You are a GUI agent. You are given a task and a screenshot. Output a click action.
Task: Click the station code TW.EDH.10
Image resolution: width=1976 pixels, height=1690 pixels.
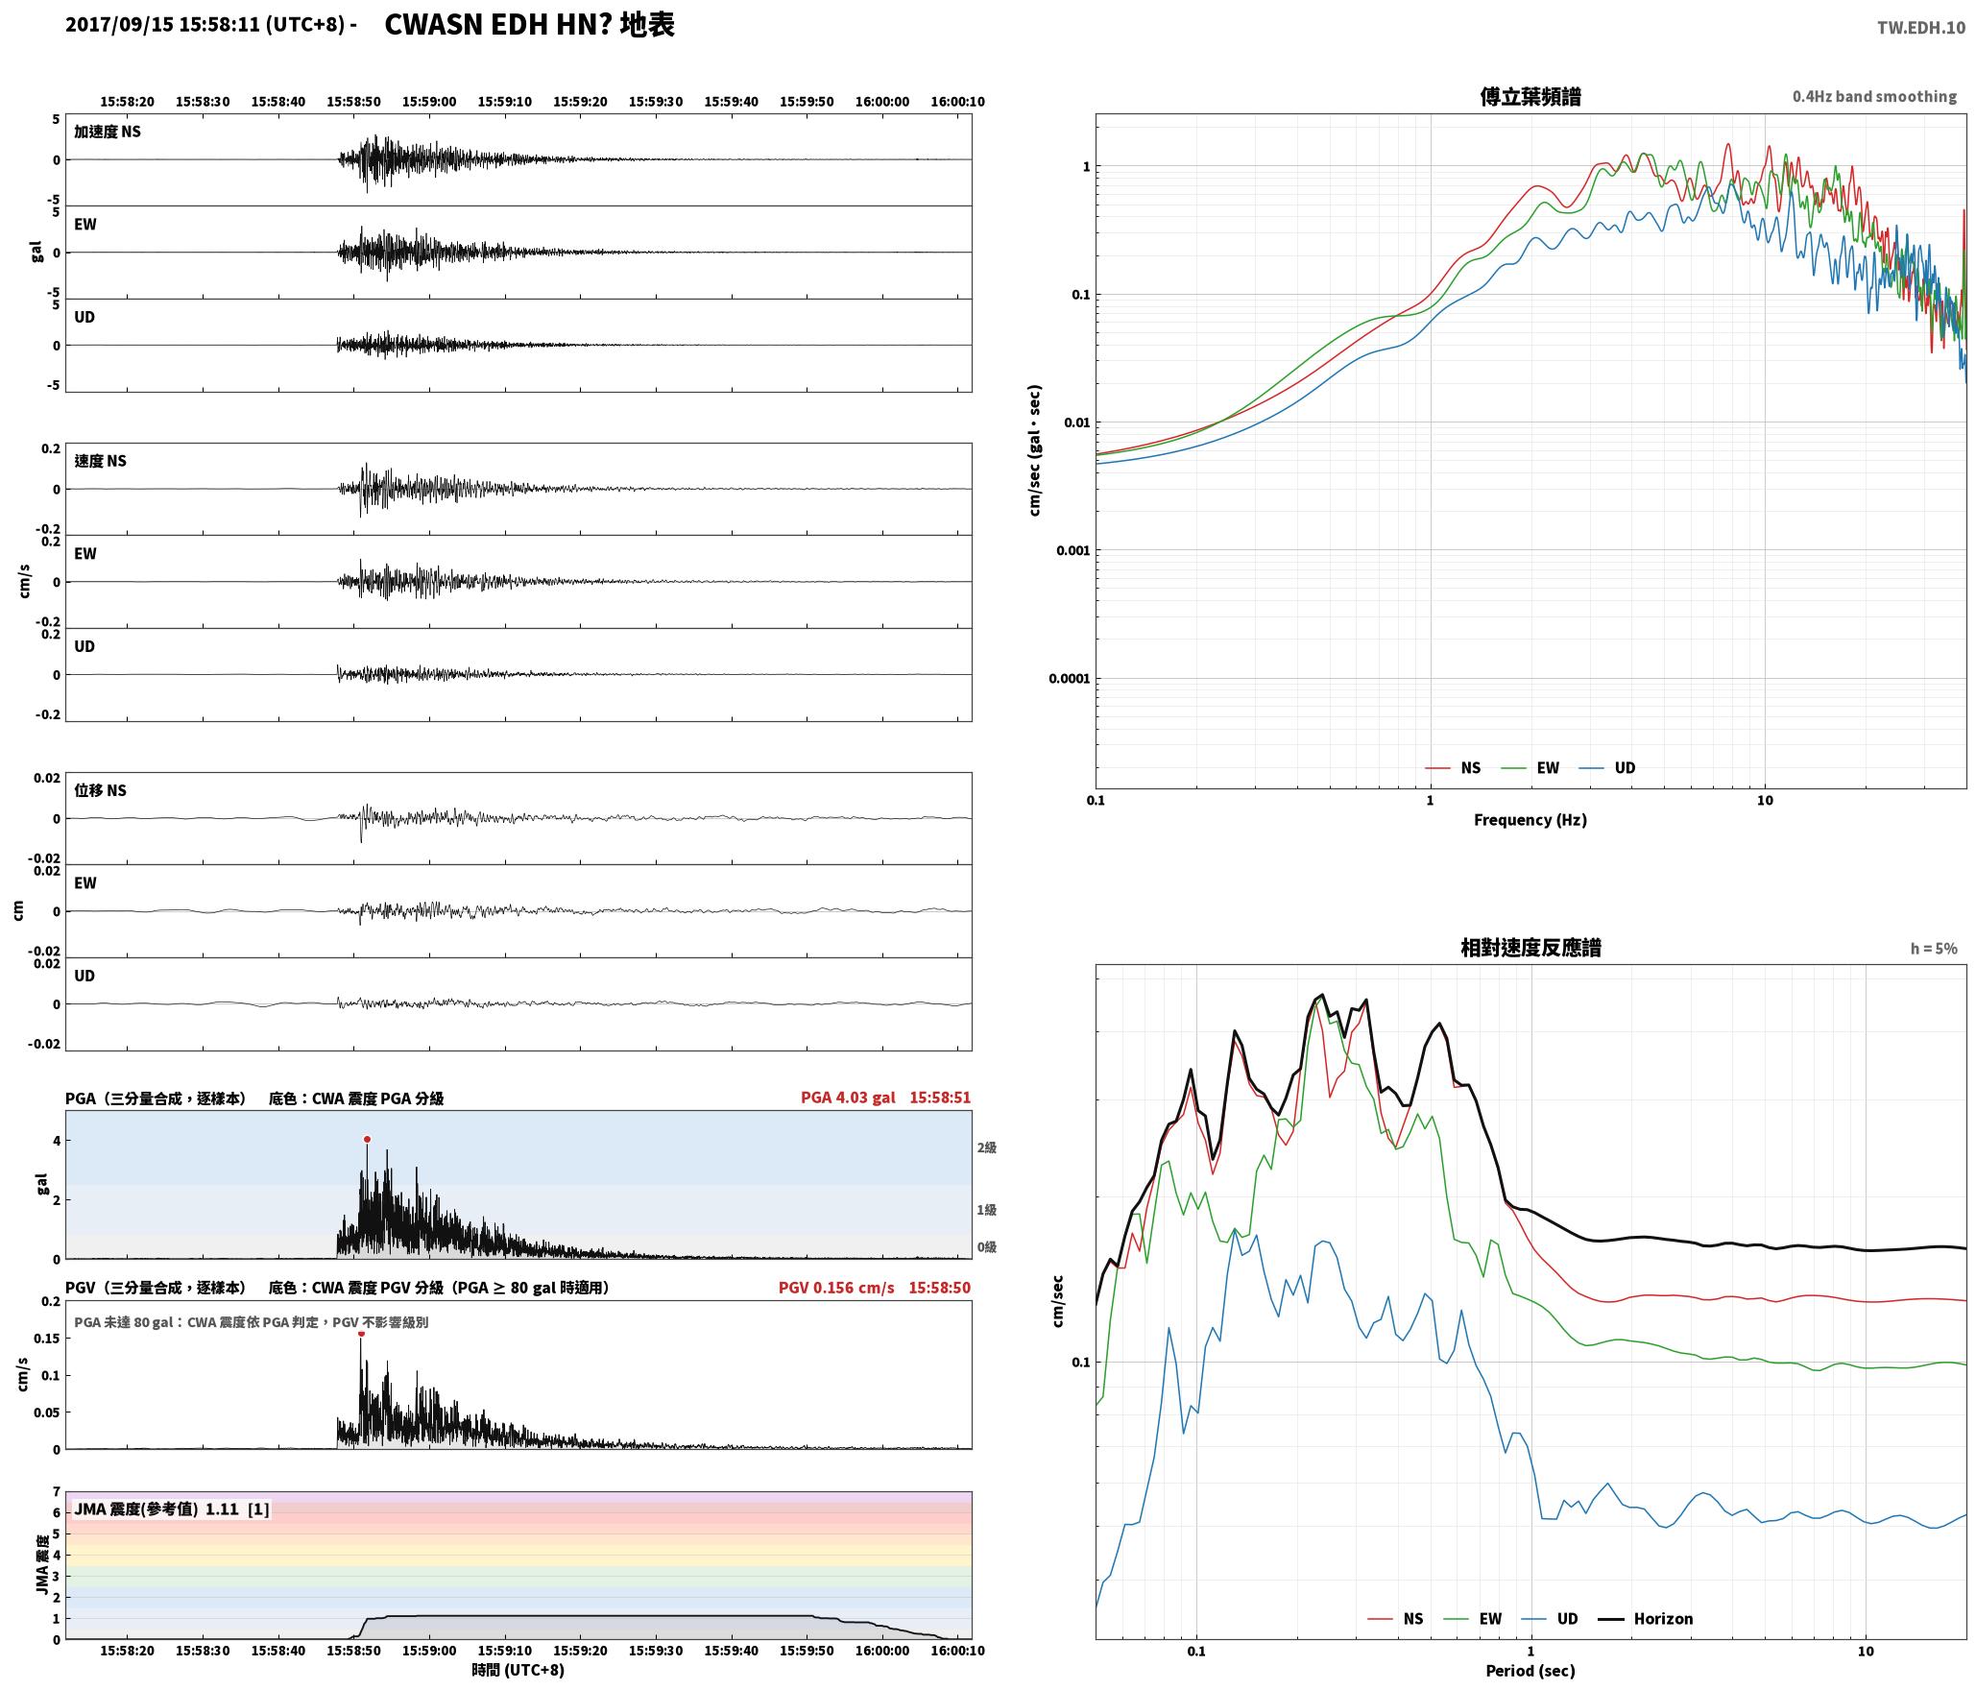tap(1921, 28)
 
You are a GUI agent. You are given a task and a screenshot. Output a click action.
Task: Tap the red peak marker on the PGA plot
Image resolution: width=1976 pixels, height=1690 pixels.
tap(367, 1140)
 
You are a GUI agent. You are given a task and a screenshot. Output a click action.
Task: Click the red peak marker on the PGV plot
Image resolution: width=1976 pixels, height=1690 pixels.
tap(361, 1334)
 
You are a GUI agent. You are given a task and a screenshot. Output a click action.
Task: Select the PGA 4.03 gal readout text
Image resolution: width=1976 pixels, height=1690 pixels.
tap(848, 1098)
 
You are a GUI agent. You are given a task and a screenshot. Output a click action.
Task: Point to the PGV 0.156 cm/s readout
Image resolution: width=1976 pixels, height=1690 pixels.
tap(836, 1288)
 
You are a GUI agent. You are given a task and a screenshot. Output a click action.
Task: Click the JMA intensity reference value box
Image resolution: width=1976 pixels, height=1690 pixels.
tap(172, 1509)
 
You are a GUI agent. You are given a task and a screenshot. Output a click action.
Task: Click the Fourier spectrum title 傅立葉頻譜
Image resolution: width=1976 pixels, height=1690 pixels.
tap(1530, 97)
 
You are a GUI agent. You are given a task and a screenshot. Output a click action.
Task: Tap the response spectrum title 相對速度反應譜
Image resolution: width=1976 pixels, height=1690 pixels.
tap(1530, 948)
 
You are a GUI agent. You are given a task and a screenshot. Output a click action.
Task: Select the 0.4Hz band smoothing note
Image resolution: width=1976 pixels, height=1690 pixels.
tap(1874, 97)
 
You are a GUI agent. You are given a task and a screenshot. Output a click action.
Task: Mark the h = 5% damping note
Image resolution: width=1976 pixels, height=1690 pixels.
tap(1934, 949)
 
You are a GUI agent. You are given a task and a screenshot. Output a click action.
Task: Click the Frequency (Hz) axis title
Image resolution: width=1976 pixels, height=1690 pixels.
tap(1530, 820)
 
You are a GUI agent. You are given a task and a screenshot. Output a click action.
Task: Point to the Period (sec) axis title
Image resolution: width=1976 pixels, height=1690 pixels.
tap(1530, 1671)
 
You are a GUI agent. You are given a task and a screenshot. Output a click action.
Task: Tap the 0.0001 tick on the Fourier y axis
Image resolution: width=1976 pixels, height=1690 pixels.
tap(1068, 679)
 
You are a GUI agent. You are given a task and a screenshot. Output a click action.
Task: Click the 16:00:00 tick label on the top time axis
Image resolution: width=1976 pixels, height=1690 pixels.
tap(882, 102)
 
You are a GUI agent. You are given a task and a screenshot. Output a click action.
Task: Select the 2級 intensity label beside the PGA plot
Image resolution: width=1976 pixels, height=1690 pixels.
tap(987, 1147)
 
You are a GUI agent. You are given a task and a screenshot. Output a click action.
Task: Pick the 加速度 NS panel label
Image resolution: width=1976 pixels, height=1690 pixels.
tap(108, 132)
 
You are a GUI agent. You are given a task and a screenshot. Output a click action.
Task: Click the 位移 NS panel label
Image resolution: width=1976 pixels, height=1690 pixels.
tap(101, 790)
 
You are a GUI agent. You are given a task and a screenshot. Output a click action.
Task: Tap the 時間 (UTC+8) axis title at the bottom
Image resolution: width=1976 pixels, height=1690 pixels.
tap(518, 1670)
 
